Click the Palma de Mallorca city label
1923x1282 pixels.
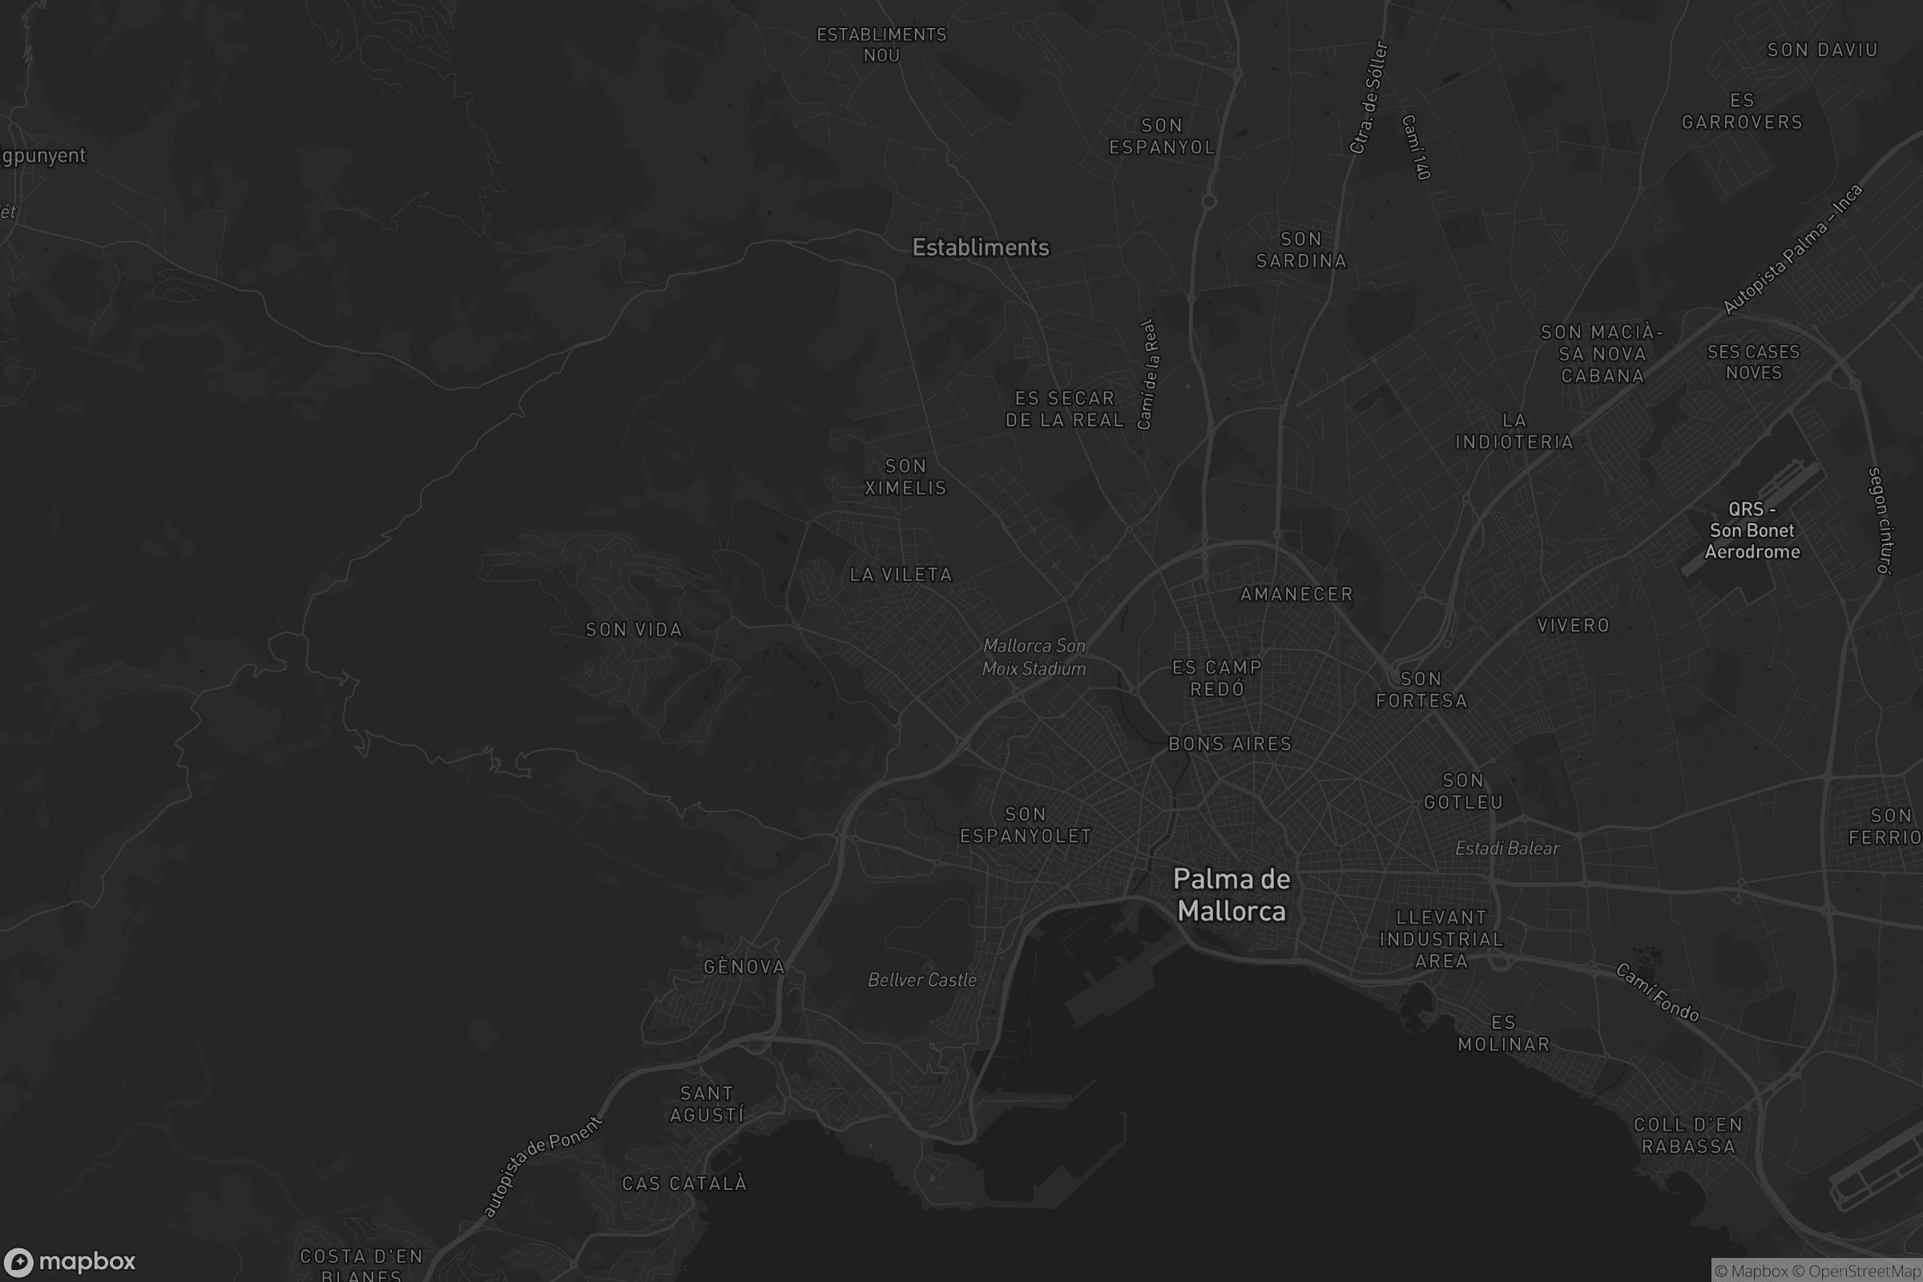click(1232, 894)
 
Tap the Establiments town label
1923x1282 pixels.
click(980, 247)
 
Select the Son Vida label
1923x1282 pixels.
click(634, 630)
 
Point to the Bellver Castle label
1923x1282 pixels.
click(921, 979)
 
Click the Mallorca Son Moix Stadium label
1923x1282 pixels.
click(1034, 656)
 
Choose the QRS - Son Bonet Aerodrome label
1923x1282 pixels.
click(1752, 530)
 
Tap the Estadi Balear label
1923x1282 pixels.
click(1507, 848)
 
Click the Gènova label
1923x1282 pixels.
click(744, 966)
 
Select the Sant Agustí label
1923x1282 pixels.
click(708, 1104)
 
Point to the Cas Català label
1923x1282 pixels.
click(684, 1183)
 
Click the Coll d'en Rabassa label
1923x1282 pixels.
click(1688, 1135)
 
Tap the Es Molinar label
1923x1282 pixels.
click(1504, 1033)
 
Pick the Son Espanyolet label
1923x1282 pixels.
click(1026, 824)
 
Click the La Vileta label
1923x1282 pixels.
click(901, 574)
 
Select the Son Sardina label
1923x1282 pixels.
click(1300, 249)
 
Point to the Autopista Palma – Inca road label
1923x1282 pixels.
click(1792, 248)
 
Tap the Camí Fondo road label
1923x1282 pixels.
click(1657, 992)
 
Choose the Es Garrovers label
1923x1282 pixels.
click(1741, 111)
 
